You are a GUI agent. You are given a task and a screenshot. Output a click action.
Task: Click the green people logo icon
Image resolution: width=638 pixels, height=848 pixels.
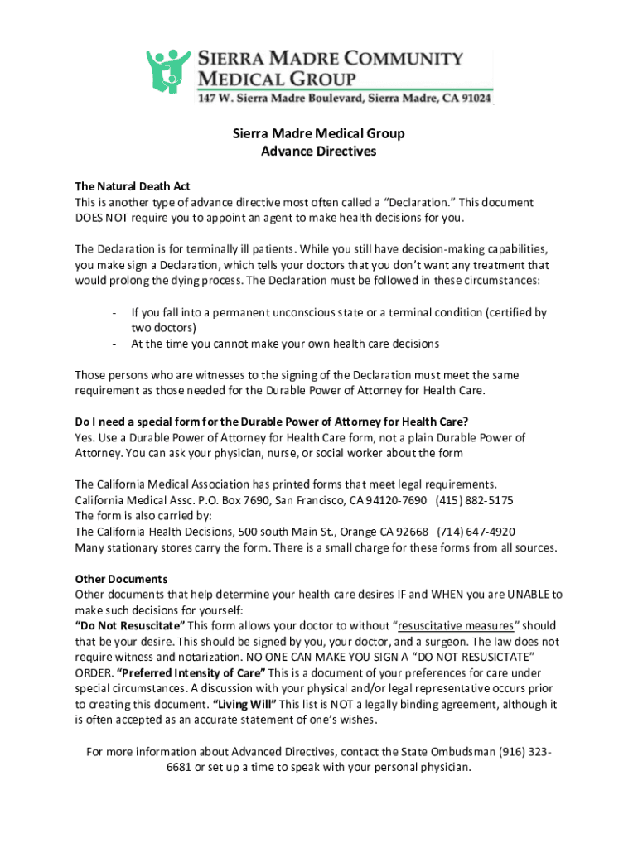[x=168, y=71]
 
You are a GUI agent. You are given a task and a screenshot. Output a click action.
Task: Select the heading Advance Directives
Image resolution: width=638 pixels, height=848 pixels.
[x=318, y=152]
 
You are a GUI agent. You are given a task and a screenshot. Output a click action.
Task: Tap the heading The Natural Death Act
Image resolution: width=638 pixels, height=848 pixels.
[x=133, y=186]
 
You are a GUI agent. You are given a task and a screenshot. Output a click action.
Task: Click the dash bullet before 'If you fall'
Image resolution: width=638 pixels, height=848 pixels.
[x=113, y=313]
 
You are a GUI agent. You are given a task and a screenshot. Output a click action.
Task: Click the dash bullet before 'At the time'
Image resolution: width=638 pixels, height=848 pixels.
[x=113, y=344]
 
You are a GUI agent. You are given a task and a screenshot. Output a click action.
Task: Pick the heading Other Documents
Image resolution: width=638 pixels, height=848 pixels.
[x=121, y=578]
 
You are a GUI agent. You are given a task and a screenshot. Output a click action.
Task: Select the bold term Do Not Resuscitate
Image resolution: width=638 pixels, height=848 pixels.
[x=130, y=625]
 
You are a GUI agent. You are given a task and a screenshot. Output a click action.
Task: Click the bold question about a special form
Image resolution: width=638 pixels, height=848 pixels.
[x=278, y=422]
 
